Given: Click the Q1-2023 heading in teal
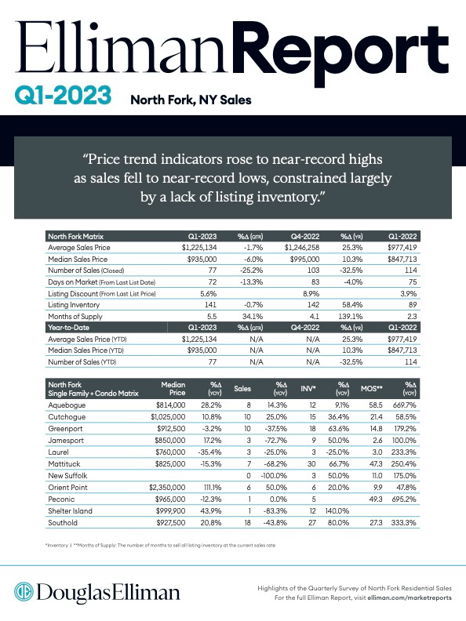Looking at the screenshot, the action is pos(63,96).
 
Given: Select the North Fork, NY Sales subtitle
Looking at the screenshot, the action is pos(191,100).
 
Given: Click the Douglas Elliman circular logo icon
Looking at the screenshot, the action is pos(24,592).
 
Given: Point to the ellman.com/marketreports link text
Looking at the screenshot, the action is pos(410,597).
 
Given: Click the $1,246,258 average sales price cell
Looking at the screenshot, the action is pos(301,248).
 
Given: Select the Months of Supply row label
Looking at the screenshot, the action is pos(75,317).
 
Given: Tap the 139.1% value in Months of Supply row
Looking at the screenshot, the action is pos(351,317).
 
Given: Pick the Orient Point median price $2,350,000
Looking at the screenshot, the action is pos(167,488).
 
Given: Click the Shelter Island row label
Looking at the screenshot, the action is pos(70,511).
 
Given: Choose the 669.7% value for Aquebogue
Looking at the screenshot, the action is pos(404,405).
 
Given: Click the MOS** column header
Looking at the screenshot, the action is pos(371,389).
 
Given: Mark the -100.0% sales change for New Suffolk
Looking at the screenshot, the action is pos(274,476).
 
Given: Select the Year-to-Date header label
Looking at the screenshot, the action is pos(68,328).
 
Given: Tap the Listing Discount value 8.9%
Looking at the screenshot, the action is pos(311,294).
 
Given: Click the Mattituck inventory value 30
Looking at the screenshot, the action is pos(312,463).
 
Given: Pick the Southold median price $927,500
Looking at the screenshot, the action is pos(170,523).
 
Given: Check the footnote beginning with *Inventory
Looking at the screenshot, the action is pos(161,546).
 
